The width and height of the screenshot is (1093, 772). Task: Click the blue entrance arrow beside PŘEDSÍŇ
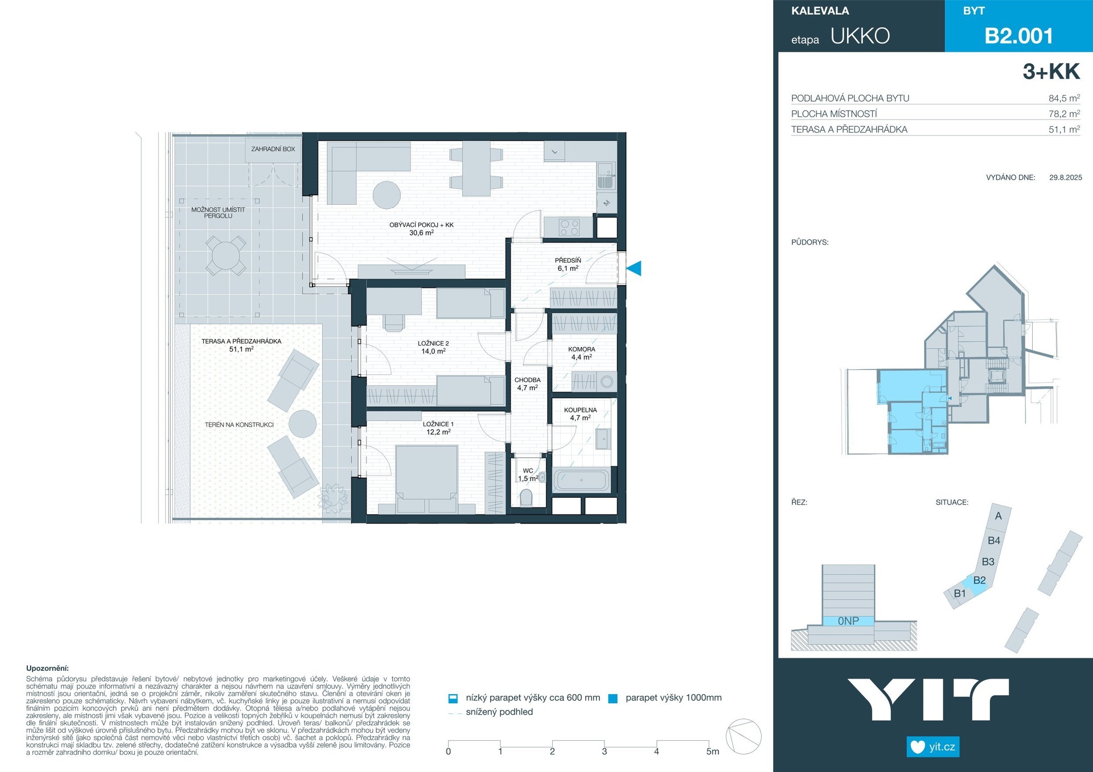pyautogui.click(x=634, y=268)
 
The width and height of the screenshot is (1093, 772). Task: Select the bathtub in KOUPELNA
pyautogui.click(x=581, y=480)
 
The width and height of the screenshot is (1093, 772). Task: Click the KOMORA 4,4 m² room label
pyautogui.click(x=582, y=353)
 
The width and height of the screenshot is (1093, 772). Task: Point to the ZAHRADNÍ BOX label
pyautogui.click(x=273, y=149)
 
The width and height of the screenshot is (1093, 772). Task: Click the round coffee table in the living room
pyautogui.click(x=387, y=195)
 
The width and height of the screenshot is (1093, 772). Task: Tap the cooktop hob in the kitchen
pyautogui.click(x=569, y=228)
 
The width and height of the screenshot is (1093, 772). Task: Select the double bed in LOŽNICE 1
pyautogui.click(x=426, y=479)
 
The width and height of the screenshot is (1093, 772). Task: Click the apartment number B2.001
pyautogui.click(x=1019, y=36)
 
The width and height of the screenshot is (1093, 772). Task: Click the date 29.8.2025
pyautogui.click(x=1066, y=177)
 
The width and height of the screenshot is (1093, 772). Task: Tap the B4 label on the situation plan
pyautogui.click(x=994, y=540)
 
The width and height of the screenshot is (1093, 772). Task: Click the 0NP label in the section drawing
pyautogui.click(x=848, y=621)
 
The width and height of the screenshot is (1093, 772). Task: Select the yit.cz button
pyautogui.click(x=933, y=747)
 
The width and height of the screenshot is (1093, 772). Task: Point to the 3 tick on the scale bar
pyautogui.click(x=605, y=752)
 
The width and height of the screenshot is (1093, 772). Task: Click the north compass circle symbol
pyautogui.click(x=744, y=736)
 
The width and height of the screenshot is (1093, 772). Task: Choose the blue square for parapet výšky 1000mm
pyautogui.click(x=613, y=699)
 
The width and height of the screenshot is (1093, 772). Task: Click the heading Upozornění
pyautogui.click(x=47, y=668)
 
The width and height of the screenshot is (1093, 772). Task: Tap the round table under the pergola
pyautogui.click(x=226, y=255)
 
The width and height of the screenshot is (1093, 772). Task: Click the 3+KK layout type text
pyautogui.click(x=1051, y=72)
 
